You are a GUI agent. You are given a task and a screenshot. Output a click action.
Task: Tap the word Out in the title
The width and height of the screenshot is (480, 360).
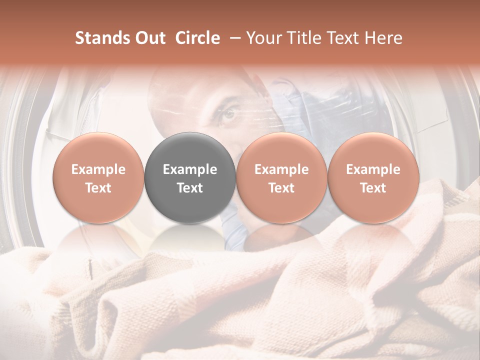148,38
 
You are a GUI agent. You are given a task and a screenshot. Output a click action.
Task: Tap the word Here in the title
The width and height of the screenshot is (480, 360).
384,38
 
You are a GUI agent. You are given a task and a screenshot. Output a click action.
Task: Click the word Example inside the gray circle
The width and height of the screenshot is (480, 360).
190,169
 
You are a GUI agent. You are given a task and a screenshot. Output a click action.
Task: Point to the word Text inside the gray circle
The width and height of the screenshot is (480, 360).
190,188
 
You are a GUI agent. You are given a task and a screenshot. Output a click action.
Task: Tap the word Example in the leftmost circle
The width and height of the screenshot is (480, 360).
98,169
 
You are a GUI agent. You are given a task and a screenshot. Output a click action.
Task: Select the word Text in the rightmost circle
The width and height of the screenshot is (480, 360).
373,188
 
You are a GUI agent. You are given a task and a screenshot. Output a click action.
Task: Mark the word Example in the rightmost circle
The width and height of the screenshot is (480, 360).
373,169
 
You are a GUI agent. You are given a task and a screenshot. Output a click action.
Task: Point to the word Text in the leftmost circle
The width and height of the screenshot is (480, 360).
98,188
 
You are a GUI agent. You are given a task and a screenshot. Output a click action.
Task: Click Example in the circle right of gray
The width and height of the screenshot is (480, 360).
281,169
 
